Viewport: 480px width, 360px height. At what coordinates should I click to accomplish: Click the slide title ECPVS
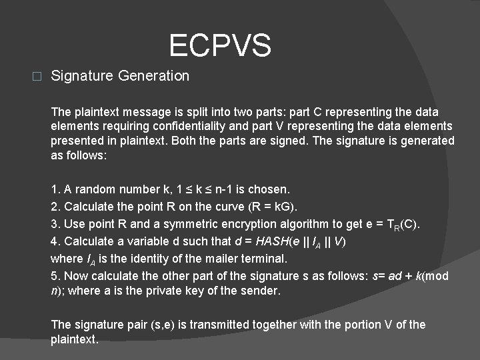click(x=220, y=46)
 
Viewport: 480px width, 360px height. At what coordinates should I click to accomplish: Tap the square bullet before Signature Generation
click(x=37, y=76)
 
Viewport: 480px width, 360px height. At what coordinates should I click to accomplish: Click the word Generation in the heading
click(x=154, y=76)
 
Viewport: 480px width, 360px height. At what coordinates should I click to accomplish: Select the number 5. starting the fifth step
click(x=55, y=275)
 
